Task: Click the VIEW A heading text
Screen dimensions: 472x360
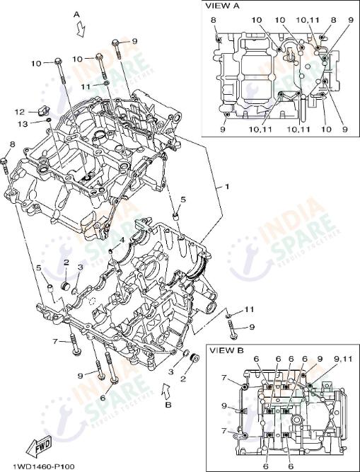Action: click(221, 6)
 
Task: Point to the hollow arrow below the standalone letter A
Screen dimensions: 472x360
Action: click(81, 28)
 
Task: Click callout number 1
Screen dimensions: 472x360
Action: click(227, 186)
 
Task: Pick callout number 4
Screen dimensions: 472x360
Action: click(122, 240)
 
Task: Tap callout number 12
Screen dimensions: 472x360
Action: click(21, 111)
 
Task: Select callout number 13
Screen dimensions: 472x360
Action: click(23, 124)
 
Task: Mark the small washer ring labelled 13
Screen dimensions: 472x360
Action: click(47, 121)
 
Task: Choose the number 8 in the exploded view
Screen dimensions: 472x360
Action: click(12, 144)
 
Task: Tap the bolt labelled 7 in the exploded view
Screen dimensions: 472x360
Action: click(73, 346)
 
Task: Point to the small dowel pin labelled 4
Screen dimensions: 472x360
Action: click(112, 251)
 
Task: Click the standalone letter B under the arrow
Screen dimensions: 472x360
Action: click(168, 406)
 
